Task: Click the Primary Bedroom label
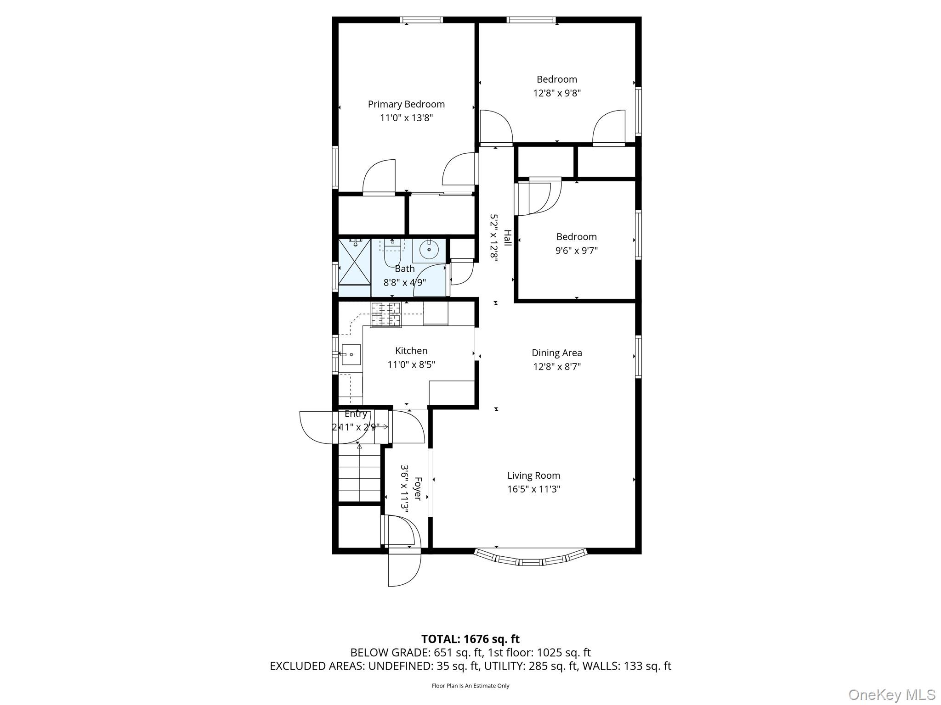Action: pos(406,105)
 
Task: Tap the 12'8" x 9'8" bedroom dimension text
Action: pos(556,93)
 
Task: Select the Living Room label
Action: pos(533,476)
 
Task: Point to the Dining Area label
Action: pos(556,353)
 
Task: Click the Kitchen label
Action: pos(411,351)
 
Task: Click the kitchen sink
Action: pos(351,354)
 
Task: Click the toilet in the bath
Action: pos(392,254)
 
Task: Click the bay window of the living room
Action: pos(531,557)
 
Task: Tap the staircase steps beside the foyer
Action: pos(359,477)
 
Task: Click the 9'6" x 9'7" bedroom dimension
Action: pos(576,251)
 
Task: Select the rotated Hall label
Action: pos(507,238)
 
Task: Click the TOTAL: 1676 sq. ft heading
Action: pos(470,639)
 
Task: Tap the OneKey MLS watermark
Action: pos(891,694)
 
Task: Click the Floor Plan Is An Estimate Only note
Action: pos(470,686)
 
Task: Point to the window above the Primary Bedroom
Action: pos(421,20)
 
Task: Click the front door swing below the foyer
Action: pos(404,569)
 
